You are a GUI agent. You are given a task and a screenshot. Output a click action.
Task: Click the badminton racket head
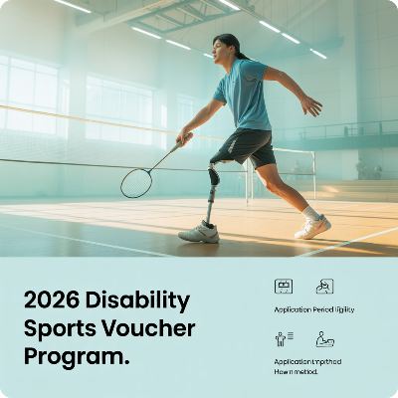[136, 182]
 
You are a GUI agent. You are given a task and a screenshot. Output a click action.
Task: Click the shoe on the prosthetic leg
[198, 232]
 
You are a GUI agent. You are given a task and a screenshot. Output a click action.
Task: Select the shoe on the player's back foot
[313, 227]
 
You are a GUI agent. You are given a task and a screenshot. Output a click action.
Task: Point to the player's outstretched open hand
[310, 102]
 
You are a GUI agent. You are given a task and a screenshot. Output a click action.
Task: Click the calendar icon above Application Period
[284, 286]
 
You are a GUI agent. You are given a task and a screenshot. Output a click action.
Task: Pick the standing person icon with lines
[284, 339]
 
